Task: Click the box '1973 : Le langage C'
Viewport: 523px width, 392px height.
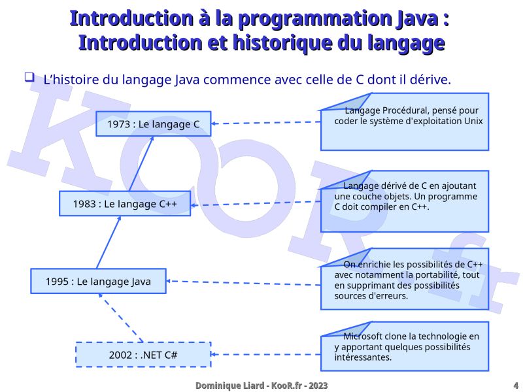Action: pyautogui.click(x=153, y=124)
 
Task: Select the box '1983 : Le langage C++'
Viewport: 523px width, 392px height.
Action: pyautogui.click(x=125, y=204)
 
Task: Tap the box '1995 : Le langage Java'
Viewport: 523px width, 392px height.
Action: pyautogui.click(x=98, y=282)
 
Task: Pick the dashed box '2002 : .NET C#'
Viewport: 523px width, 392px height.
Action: pyautogui.click(x=143, y=355)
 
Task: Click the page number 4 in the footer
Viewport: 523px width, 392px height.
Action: pyautogui.click(x=516, y=386)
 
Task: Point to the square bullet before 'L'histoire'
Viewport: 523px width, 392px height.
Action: pyautogui.click(x=29, y=78)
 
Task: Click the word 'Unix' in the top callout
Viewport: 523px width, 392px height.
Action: pyautogui.click(x=471, y=121)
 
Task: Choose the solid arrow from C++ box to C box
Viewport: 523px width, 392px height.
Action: pyautogui.click(x=141, y=163)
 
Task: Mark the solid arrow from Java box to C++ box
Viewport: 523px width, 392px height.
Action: pyautogui.click(x=109, y=242)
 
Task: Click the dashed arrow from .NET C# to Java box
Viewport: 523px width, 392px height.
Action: pyautogui.click(x=121, y=318)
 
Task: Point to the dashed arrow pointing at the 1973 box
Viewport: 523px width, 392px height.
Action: pyautogui.click(x=265, y=123)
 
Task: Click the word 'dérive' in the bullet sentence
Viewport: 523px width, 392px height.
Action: pyautogui.click(x=429, y=80)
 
